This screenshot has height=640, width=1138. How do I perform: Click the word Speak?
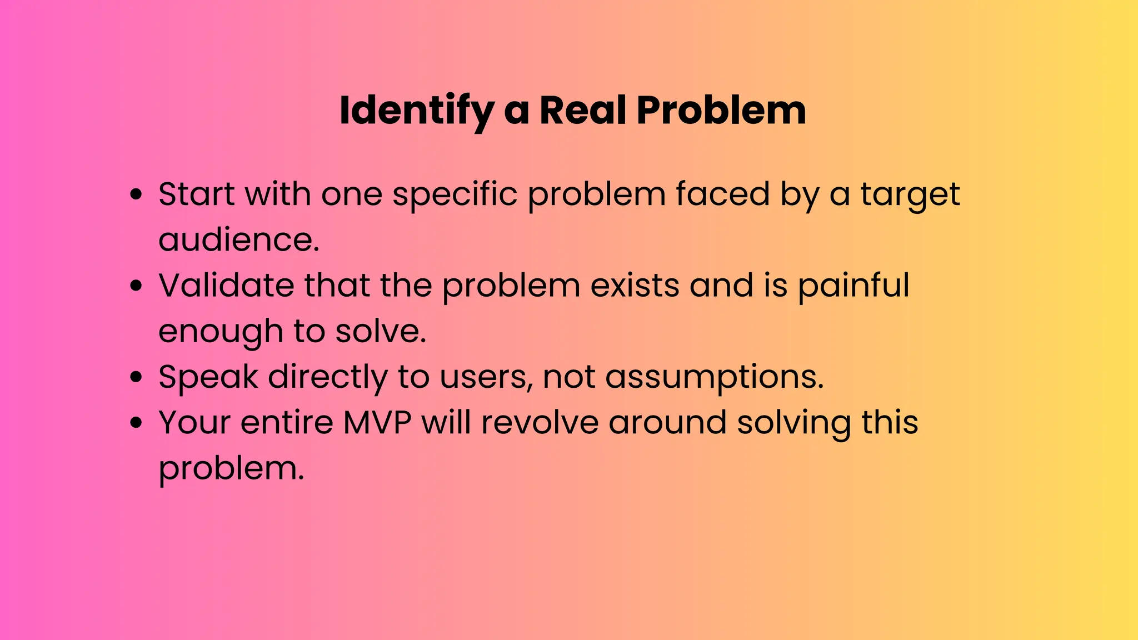coord(208,377)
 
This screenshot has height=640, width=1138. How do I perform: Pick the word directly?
coord(328,377)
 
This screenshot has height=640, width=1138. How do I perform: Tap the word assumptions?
coord(714,377)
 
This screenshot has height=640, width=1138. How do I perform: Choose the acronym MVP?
coord(377,422)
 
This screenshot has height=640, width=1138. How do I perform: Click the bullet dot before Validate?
coord(136,286)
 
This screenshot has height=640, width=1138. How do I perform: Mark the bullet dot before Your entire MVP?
coord(136,423)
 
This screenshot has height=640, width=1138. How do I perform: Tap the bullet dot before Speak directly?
coord(136,377)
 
